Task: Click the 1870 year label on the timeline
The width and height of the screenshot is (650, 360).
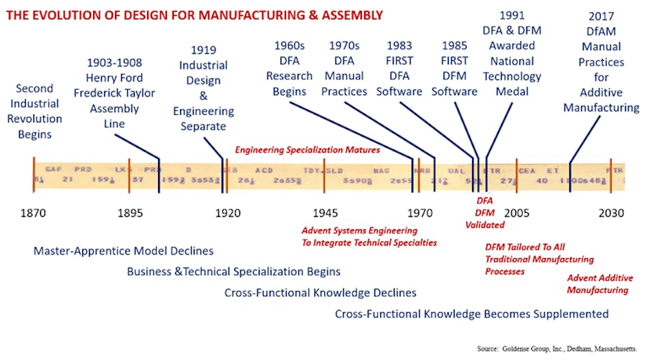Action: point(33,213)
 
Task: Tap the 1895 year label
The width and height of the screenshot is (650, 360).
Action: point(129,213)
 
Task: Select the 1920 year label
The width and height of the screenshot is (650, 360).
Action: point(228,213)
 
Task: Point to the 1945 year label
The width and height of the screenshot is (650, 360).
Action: point(324,213)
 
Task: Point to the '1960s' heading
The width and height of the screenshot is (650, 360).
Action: point(289,46)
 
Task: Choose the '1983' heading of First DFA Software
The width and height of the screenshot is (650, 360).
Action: point(399,46)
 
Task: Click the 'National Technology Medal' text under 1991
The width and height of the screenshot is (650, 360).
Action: point(512,77)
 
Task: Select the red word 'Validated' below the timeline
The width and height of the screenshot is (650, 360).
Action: point(484,224)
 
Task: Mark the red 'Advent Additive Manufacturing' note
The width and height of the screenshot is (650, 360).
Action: point(597,284)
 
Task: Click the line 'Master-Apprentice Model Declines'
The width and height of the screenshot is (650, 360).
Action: point(123,251)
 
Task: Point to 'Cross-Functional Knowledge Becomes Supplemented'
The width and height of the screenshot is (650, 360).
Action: point(471,314)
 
